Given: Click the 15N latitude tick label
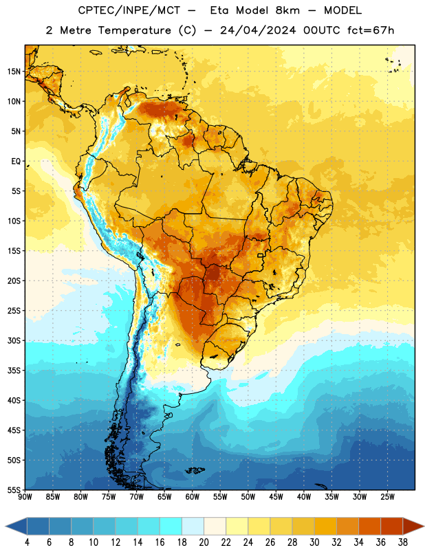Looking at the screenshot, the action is [x=14, y=71].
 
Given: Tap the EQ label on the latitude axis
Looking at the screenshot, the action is [x=16, y=162].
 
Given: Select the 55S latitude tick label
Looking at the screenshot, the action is [x=14, y=489].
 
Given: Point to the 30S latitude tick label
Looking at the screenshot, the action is [x=14, y=340].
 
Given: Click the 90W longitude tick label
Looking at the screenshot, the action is [x=25, y=497].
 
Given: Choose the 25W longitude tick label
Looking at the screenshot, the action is [x=387, y=497].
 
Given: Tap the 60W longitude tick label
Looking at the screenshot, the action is [x=193, y=497].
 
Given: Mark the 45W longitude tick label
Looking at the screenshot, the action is [x=276, y=497].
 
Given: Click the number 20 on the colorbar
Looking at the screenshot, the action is [x=204, y=542].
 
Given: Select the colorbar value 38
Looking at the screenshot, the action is [x=403, y=542].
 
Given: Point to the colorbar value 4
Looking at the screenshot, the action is [x=27, y=542].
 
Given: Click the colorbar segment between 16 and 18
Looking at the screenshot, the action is [x=171, y=526].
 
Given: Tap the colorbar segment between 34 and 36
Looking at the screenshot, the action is [x=369, y=526].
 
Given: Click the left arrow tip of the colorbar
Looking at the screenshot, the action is [x=6, y=526].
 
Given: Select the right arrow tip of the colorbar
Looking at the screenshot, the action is [x=424, y=526].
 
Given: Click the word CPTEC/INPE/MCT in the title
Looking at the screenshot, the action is [x=129, y=10].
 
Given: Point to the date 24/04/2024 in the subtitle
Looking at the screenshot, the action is [x=258, y=30].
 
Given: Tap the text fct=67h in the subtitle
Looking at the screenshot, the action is [x=371, y=30].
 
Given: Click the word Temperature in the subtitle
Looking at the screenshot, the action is [x=134, y=30].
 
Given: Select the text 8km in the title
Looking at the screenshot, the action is [x=287, y=10].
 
